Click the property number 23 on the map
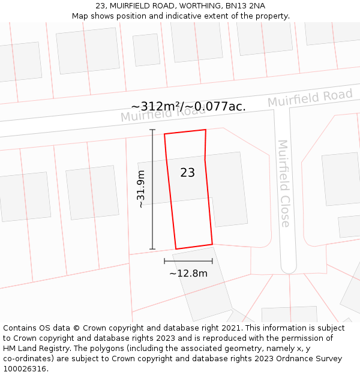coord(188,173)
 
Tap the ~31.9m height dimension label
coord(141,190)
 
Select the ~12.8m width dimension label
coord(188,274)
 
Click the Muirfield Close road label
coord(284,183)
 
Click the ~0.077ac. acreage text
coord(218,106)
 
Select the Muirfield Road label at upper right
coord(310,98)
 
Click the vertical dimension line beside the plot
coord(152,190)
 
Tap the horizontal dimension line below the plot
coord(188,261)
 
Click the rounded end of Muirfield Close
coord(289,268)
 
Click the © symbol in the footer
coord(77,328)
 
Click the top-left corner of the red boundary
coord(164,134)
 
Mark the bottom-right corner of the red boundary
coord(212,244)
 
